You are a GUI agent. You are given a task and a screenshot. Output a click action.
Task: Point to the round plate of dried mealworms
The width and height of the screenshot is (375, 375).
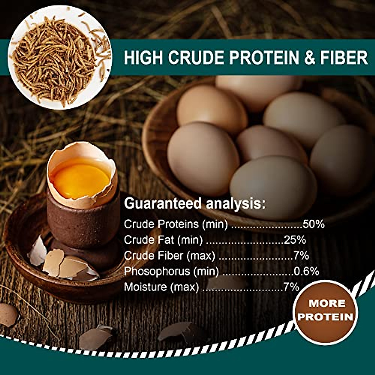click(x=59, y=58)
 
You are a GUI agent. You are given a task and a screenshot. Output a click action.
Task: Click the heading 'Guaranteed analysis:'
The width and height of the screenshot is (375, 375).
click(x=195, y=204)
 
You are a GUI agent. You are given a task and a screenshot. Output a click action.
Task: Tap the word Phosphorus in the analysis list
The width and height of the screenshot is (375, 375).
click(x=157, y=271)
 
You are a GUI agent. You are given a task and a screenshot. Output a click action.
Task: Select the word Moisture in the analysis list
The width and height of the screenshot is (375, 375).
click(x=145, y=287)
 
